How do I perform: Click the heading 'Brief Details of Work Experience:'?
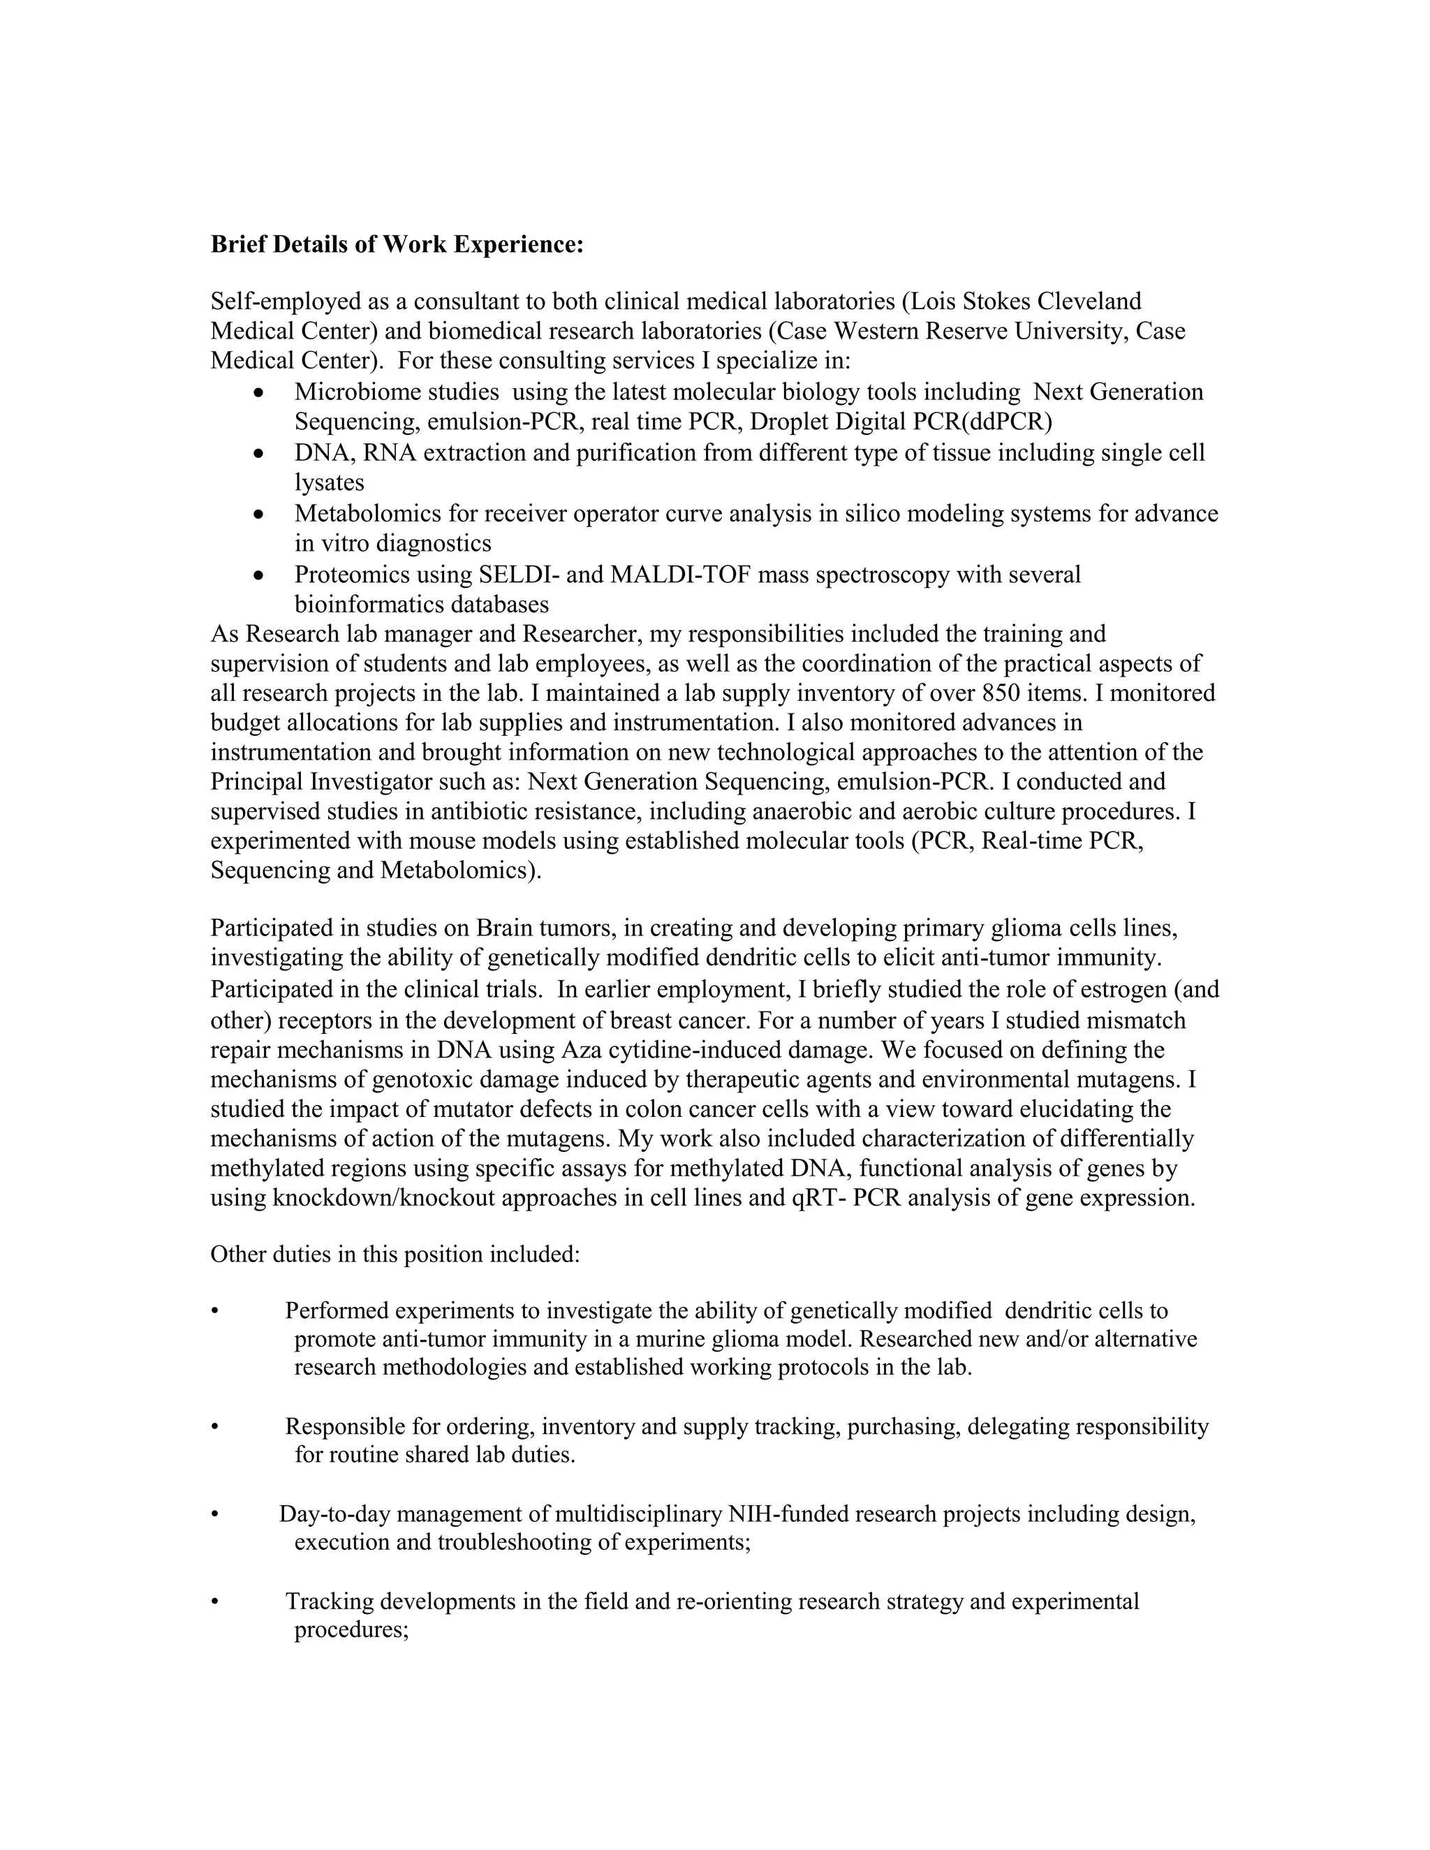pyautogui.click(x=397, y=245)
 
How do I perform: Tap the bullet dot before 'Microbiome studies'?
pyautogui.click(x=259, y=393)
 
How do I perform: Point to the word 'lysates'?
pyautogui.click(x=330, y=483)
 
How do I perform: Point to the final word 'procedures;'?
pyautogui.click(x=352, y=1631)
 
